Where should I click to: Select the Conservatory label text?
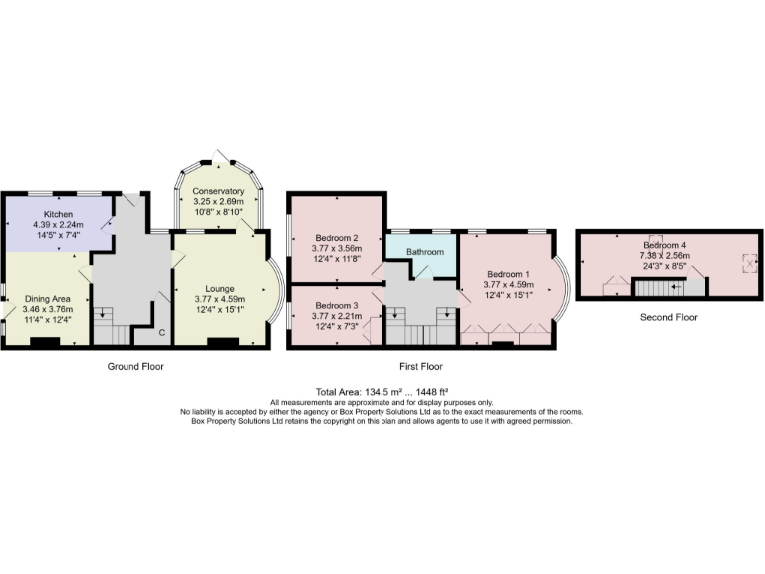tap(218, 191)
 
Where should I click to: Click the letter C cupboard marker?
tap(161, 332)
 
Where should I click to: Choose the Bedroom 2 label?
tap(337, 239)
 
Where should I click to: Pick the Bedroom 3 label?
tap(337, 305)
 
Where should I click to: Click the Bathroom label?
tap(423, 252)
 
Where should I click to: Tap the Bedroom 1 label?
tap(507, 274)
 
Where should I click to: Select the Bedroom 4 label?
tap(665, 245)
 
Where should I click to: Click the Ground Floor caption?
tap(135, 367)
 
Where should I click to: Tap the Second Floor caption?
tap(669, 317)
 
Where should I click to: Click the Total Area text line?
tap(382, 392)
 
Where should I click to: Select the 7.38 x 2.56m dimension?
tap(665, 255)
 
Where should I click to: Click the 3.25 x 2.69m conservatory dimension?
tap(218, 201)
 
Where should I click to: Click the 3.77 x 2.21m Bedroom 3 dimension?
tap(337, 315)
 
